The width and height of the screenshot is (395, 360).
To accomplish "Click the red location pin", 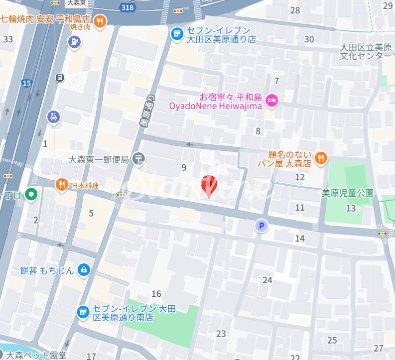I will pyautogui.click(x=209, y=186).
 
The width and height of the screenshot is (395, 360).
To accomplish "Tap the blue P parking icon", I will pyautogui.click(x=262, y=227).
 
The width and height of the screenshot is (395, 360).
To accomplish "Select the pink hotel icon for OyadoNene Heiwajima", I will pyautogui.click(x=272, y=100).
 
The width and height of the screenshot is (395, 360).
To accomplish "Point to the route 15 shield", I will pyautogui.click(x=26, y=83).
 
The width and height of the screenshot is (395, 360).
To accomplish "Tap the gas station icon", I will pyautogui.click(x=74, y=42).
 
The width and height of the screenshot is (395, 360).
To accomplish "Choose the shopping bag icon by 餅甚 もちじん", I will pyautogui.click(x=84, y=270).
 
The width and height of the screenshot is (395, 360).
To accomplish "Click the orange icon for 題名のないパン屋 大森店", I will pyautogui.click(x=321, y=158).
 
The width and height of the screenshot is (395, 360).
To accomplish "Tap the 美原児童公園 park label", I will pyautogui.click(x=347, y=193).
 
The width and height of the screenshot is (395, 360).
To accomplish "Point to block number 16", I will pyautogui.click(x=156, y=294).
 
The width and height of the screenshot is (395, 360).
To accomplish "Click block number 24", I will pyautogui.click(x=267, y=280).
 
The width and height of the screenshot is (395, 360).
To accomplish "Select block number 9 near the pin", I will pyautogui.click(x=184, y=168).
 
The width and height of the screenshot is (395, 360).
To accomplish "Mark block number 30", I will pyautogui.click(x=309, y=39).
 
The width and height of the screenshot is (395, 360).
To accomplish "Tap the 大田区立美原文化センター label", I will pyautogui.click(x=366, y=51).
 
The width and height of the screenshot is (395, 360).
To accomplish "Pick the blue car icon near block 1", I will pyautogui.click(x=53, y=117).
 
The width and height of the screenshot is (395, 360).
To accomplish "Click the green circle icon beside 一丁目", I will pyautogui.click(x=32, y=194).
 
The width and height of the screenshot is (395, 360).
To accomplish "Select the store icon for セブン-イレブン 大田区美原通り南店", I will pyautogui.click(x=83, y=312).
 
